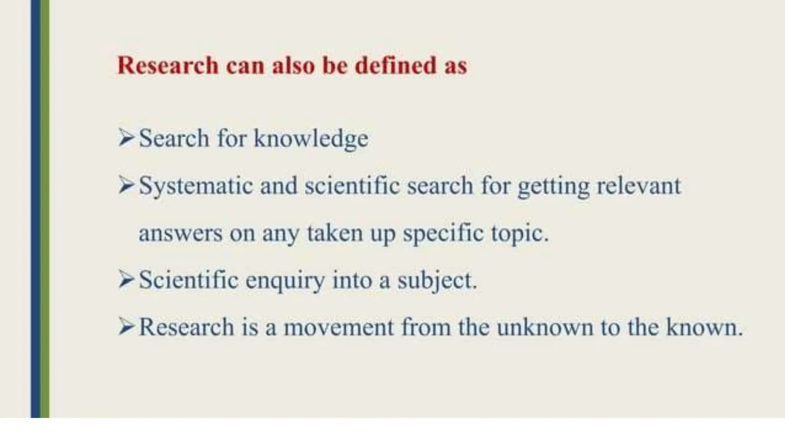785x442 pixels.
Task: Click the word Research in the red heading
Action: click(x=168, y=65)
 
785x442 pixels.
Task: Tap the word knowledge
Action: click(x=311, y=139)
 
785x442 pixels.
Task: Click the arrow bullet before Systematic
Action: click(x=126, y=185)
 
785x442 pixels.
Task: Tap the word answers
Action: click(x=180, y=233)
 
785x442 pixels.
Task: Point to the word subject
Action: click(x=437, y=281)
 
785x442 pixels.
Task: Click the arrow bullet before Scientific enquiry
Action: click(x=126, y=279)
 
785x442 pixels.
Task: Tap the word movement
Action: click(x=338, y=328)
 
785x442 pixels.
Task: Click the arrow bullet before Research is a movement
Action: click(x=126, y=327)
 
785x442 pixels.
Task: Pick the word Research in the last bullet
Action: click(x=186, y=328)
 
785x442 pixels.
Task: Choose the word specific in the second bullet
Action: click(x=443, y=233)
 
